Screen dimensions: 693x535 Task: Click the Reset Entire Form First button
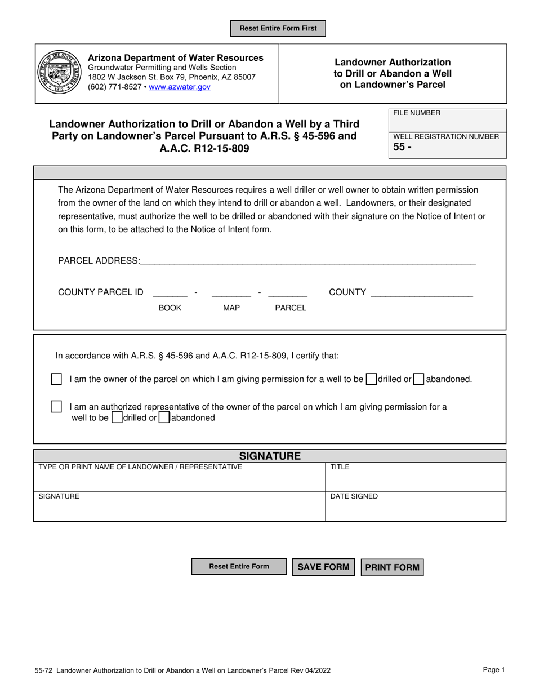coord(278,28)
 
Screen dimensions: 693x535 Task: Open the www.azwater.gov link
coord(180,87)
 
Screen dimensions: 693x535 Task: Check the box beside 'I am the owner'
coord(56,379)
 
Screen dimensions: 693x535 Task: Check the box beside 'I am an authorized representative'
coord(56,406)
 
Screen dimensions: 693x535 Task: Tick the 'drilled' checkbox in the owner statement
coord(371,379)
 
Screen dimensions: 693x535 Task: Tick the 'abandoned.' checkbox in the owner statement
coord(418,379)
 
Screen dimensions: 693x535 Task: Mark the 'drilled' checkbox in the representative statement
coord(117,418)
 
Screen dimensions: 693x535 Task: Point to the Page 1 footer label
coord(494,670)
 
